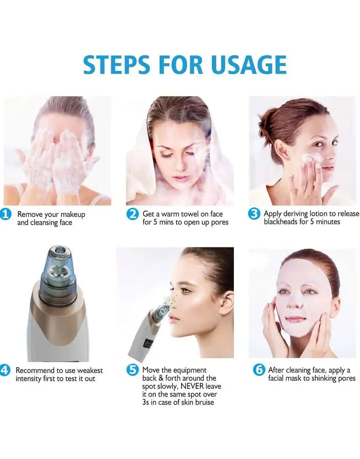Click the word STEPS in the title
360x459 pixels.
117,64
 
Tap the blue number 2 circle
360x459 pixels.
133,214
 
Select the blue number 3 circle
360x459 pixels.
254,214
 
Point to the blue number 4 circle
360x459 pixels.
4,370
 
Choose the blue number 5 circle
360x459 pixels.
133,370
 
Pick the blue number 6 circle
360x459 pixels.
259,370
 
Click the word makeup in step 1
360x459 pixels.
73,215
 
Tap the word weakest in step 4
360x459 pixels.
88,371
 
